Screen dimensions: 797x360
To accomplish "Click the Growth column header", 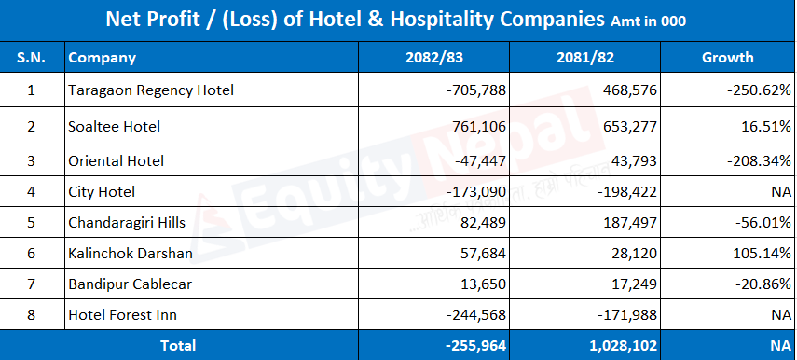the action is coord(727,58).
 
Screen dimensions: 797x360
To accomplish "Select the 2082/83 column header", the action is coord(434,58).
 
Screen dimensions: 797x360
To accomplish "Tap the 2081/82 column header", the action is coord(585,58).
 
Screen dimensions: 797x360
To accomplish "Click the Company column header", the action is coord(103,58).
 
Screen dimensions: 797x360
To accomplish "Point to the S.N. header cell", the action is coord(32,58).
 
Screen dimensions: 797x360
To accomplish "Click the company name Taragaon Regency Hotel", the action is coord(151,90).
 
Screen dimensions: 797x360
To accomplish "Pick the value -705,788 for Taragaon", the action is coord(476,90).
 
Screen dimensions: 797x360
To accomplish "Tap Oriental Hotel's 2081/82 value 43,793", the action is coord(631,161).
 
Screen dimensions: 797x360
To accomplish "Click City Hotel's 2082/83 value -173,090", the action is coord(476,192).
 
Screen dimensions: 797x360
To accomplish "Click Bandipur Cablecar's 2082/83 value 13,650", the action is coord(480,284).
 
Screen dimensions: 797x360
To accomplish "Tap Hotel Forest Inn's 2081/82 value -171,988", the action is coord(627,314).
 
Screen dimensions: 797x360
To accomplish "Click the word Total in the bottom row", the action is coord(178,346).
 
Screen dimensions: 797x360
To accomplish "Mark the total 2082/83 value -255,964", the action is coord(475,346).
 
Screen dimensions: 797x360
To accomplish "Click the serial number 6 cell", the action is coord(32,254).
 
